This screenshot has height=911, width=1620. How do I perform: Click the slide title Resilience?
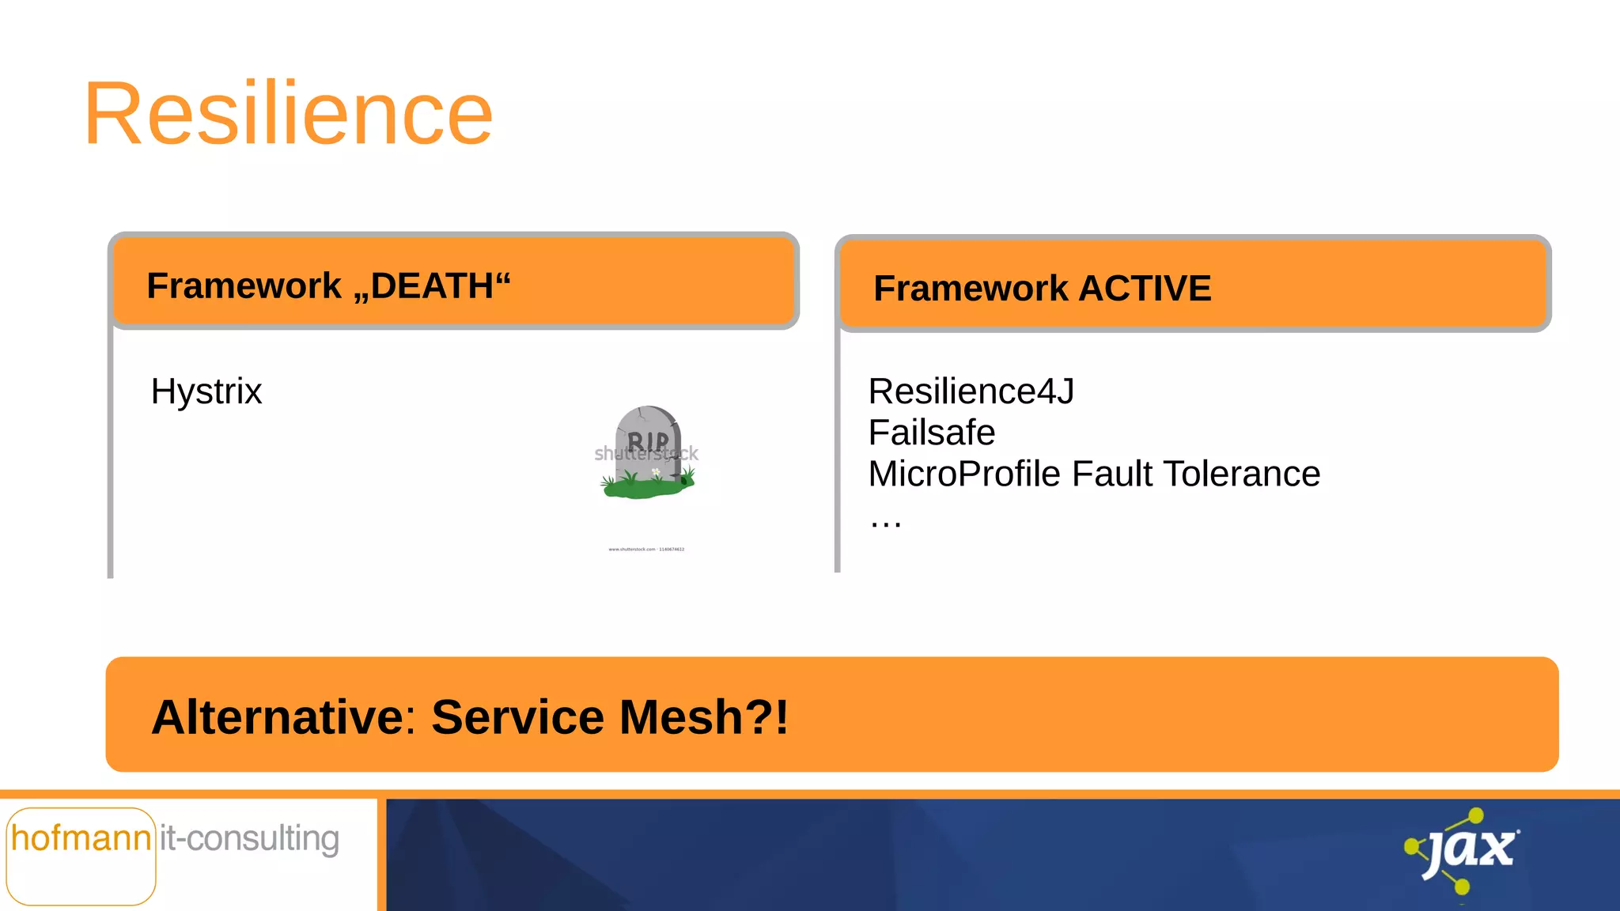pyautogui.click(x=289, y=115)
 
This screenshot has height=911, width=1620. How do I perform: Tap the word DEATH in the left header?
pyautogui.click(x=432, y=285)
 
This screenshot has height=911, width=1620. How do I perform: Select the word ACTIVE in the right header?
pyautogui.click(x=1145, y=289)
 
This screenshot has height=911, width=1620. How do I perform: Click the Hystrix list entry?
pyautogui.click(x=206, y=391)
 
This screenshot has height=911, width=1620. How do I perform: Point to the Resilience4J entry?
pyautogui.click(x=971, y=391)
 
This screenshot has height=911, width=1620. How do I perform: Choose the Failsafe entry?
pyautogui.click(x=931, y=433)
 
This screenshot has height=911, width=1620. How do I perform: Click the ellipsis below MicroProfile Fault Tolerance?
pyautogui.click(x=885, y=521)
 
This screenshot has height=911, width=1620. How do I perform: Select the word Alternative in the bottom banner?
pyautogui.click(x=278, y=717)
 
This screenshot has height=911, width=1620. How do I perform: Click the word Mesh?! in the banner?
pyautogui.click(x=704, y=717)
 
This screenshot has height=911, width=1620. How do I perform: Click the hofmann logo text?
pyautogui.click(x=81, y=838)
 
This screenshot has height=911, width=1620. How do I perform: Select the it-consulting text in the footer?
pyautogui.click(x=249, y=838)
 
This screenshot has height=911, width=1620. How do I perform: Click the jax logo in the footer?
pyautogui.click(x=1464, y=851)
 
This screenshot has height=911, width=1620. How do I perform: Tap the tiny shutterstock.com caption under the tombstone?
pyautogui.click(x=646, y=549)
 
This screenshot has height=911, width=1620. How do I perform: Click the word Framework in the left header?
pyautogui.click(x=244, y=285)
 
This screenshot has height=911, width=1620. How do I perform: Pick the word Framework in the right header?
pyautogui.click(x=971, y=289)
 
